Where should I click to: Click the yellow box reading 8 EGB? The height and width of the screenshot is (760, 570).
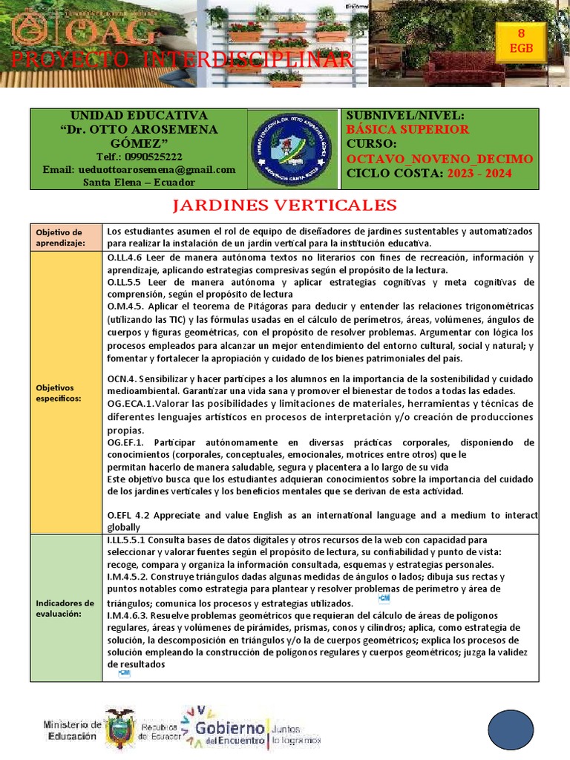point(520,42)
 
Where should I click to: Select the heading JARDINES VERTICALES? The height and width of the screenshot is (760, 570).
point(285,206)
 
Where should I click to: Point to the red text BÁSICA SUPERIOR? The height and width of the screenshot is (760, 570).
point(407,129)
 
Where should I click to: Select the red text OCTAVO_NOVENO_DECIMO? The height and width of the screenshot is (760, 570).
point(439,159)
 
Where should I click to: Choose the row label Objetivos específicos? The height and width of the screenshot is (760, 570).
point(59,393)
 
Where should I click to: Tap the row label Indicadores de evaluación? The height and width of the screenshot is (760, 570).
point(65,608)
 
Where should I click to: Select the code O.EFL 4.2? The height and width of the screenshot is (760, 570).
point(133,514)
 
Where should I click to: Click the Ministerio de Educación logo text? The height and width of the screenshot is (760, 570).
point(73,730)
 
